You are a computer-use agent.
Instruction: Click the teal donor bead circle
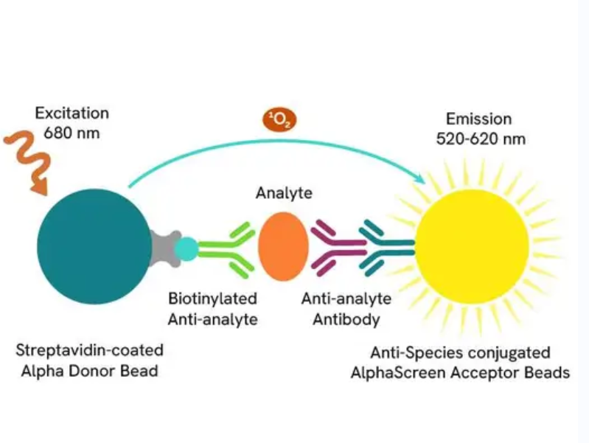tap(94, 246)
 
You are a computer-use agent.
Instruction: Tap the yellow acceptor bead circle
tap(472, 246)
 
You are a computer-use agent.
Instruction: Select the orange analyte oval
tap(284, 246)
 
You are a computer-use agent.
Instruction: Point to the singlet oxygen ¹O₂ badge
tap(279, 120)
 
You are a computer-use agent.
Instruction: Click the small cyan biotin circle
tap(187, 249)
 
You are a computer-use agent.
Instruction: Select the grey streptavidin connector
tap(164, 248)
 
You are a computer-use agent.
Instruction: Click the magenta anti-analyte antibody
tap(338, 248)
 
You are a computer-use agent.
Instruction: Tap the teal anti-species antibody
tap(387, 248)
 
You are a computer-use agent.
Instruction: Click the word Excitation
tap(72, 113)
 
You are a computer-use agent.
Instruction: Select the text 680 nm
tap(72, 133)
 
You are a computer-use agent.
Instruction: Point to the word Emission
tap(479, 119)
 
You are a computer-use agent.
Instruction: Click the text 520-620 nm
tap(481, 139)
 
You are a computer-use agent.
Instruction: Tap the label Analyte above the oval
tap(284, 193)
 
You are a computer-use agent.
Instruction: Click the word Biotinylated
tap(212, 299)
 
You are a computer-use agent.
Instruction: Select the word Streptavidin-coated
tap(89, 350)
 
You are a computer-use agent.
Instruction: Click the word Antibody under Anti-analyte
tap(346, 319)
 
